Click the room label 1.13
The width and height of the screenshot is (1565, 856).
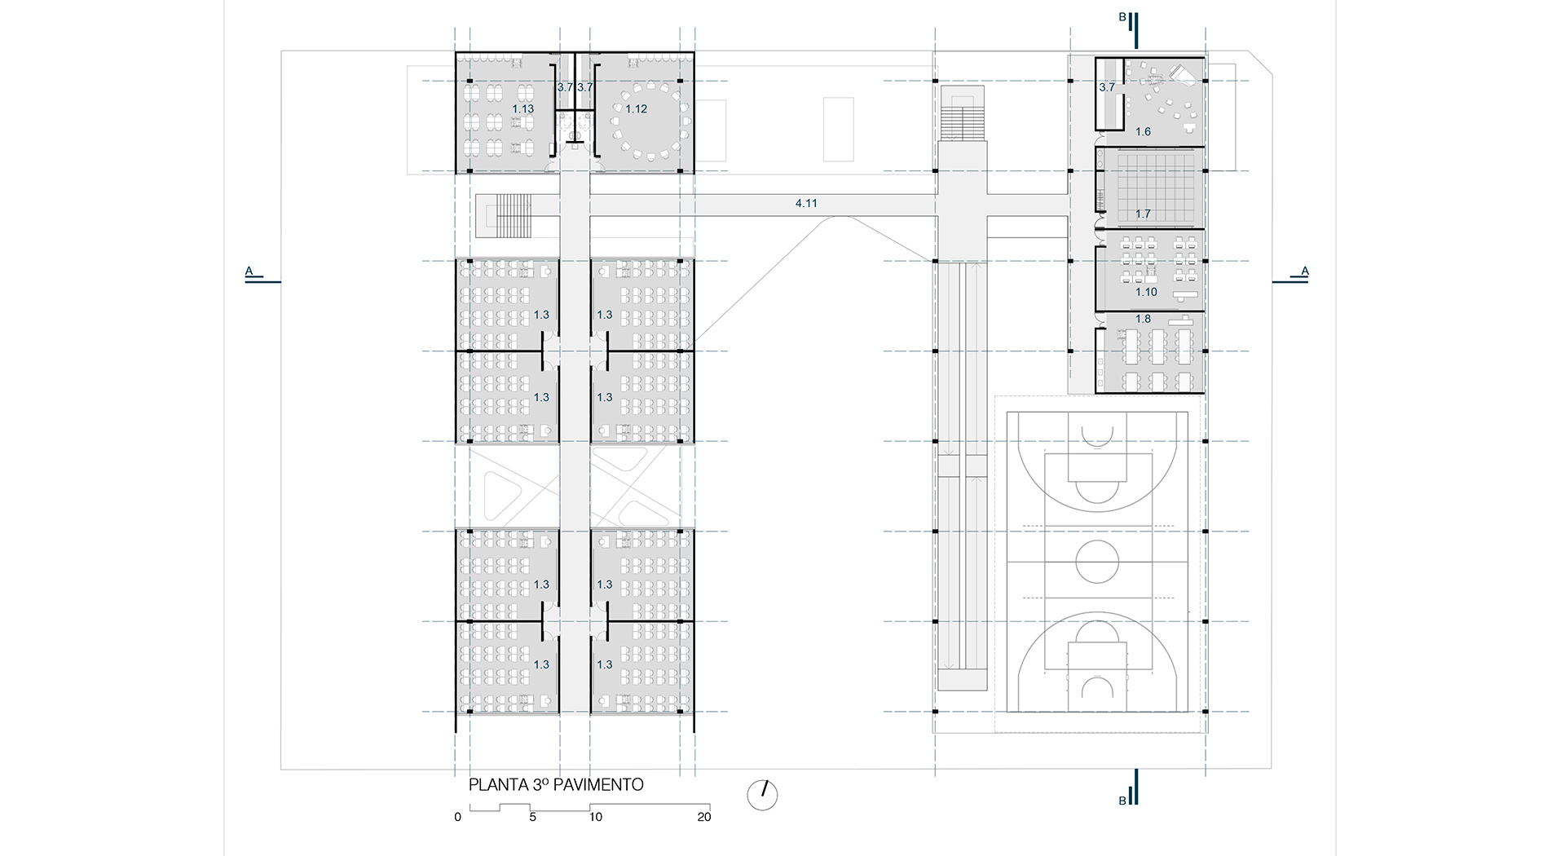[x=522, y=109]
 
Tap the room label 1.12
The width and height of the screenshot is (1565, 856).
[x=636, y=109]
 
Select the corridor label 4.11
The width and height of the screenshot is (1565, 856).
[x=806, y=204]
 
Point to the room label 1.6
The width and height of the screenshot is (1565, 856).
[x=1143, y=132]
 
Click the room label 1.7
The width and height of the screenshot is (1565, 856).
[x=1143, y=214]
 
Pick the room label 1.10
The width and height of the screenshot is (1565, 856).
[x=1146, y=292]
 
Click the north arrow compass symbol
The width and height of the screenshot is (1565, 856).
[x=763, y=795]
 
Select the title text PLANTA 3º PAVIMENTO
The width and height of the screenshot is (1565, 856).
[x=556, y=785]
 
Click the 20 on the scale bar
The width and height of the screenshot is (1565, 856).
[x=704, y=817]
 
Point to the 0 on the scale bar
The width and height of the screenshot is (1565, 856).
[x=458, y=817]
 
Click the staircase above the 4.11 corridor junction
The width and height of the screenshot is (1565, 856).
[x=963, y=115]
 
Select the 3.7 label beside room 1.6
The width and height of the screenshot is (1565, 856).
[x=1107, y=87]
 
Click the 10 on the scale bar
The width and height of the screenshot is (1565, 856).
[x=596, y=817]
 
